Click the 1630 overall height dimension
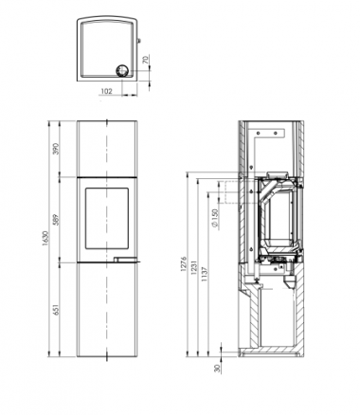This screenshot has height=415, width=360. point(45,239)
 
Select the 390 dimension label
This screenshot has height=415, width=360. point(56,149)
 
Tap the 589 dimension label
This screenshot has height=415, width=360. point(56,220)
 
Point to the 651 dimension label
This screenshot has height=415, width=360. point(56,310)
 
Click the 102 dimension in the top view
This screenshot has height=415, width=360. point(106,91)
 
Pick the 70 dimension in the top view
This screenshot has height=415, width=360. point(146,60)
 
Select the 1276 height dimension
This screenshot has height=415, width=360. point(184,264)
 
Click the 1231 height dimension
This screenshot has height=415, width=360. point(193,268)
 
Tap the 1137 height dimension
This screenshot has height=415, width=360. point(204,275)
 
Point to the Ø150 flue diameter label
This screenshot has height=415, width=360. point(215,218)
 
